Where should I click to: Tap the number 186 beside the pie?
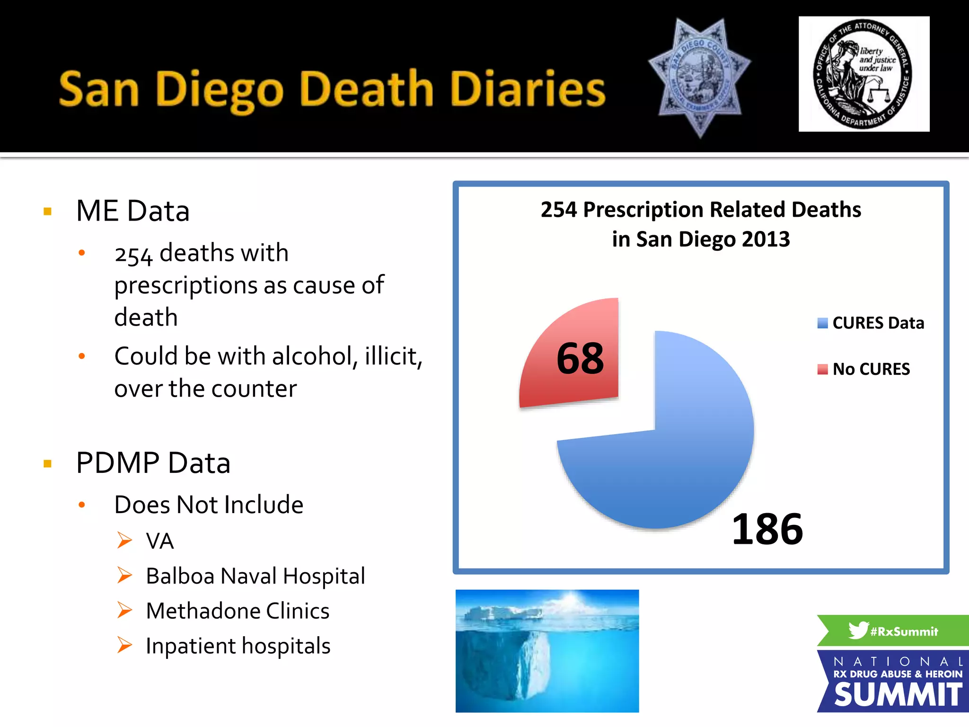pos(767,529)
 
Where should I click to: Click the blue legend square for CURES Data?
pos(823,323)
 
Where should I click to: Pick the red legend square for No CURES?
pos(823,369)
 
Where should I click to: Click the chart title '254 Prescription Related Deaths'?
pos(701,210)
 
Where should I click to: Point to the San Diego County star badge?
pos(699,77)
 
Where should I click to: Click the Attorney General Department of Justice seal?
pos(863,74)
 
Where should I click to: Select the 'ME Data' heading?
pos(133,211)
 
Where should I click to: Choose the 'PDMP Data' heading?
pos(153,463)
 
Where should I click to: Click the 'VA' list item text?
pos(160,541)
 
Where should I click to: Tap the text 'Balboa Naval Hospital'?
pos(255,576)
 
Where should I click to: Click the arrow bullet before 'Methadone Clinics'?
pos(125,610)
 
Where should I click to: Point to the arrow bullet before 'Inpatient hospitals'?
pos(125,645)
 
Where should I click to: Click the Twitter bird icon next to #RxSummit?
pos(858,630)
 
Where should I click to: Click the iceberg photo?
pos(547,651)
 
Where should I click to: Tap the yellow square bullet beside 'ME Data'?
pos(47,212)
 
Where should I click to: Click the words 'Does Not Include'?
pos(209,505)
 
